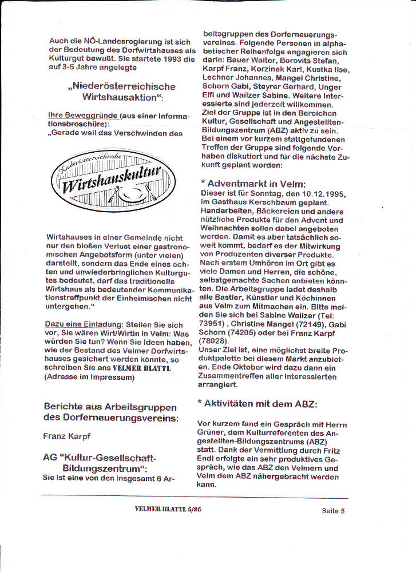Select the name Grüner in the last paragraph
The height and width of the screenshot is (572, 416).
click(211, 433)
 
